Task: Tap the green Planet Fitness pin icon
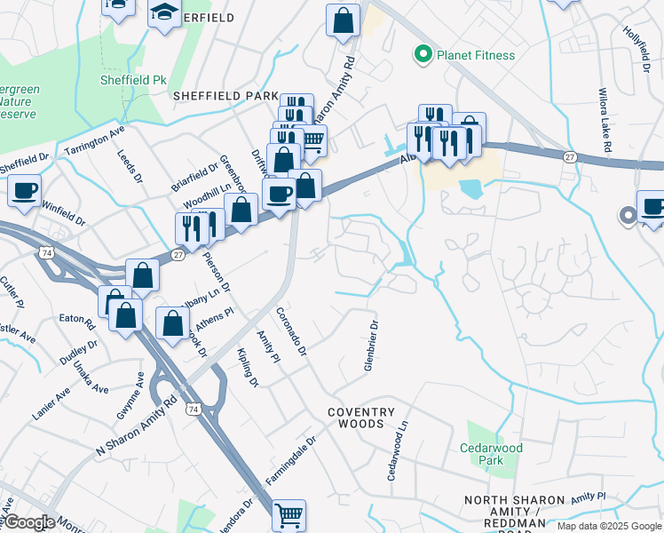(x=423, y=55)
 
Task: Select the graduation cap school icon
(x=164, y=13)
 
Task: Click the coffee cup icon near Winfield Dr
(x=25, y=189)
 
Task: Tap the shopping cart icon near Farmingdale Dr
(x=289, y=514)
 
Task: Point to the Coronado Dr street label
(x=290, y=332)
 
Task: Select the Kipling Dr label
(x=247, y=368)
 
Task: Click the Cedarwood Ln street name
(x=396, y=451)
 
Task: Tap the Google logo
(x=28, y=522)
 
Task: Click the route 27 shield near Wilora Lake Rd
(x=568, y=156)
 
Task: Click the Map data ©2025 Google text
(x=608, y=526)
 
